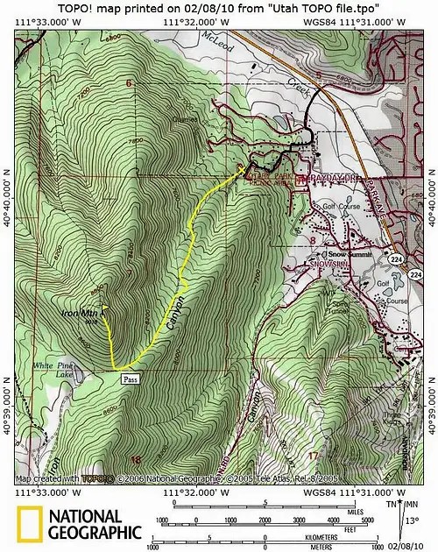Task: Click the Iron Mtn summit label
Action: click(x=80, y=313)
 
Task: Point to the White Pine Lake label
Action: click(x=50, y=368)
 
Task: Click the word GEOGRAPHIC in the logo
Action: click(x=95, y=532)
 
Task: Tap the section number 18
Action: click(x=135, y=459)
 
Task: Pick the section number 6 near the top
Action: click(x=128, y=83)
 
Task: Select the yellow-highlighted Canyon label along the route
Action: click(x=173, y=311)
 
